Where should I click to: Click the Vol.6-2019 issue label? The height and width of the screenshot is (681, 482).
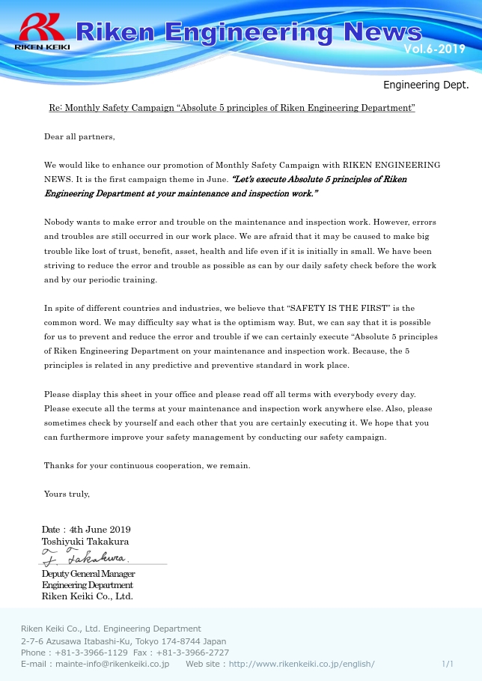pos(434,49)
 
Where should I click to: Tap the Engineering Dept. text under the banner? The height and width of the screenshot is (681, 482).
pos(426,85)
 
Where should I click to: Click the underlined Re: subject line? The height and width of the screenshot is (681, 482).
pos(232,108)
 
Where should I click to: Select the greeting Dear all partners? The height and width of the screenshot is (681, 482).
pos(79,136)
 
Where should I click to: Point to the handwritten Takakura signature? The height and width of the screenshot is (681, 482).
pos(85,557)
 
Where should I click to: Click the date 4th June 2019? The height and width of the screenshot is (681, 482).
pos(100,530)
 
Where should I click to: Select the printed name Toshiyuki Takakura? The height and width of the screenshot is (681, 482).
pos(85,541)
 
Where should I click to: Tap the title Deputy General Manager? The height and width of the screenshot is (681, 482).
pos(88,574)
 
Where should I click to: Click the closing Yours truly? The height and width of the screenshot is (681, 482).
pos(67,494)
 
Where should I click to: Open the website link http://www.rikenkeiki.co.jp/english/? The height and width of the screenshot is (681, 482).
pos(302,664)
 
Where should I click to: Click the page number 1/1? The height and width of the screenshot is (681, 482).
pos(448,664)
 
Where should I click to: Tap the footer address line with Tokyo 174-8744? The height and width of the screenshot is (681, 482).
pos(123,641)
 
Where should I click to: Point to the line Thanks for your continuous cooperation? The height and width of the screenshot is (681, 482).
pos(147,465)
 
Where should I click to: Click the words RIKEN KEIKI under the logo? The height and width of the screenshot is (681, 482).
pos(42,46)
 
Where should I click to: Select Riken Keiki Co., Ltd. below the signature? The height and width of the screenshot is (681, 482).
pos(87,596)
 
